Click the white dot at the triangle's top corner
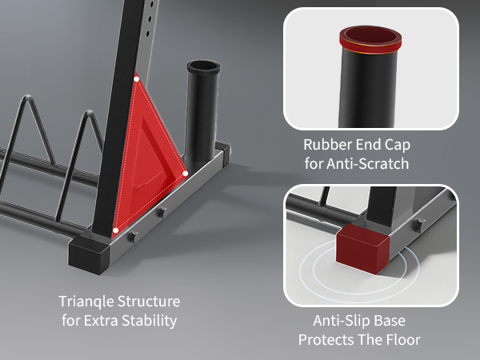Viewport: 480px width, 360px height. tap(137, 79)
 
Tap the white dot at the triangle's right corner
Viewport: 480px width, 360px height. tap(186, 174)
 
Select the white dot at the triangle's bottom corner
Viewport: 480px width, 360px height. tap(116, 230)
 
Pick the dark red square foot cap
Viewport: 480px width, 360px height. tap(363, 248)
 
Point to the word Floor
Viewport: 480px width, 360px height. tap(403, 340)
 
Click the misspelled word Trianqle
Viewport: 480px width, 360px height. tap(86, 302)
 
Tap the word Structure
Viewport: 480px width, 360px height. tap(149, 302)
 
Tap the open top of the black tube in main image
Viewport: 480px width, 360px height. tap(203, 66)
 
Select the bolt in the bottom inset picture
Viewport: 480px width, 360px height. tap(420, 225)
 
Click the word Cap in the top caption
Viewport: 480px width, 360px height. tap(397, 146)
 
